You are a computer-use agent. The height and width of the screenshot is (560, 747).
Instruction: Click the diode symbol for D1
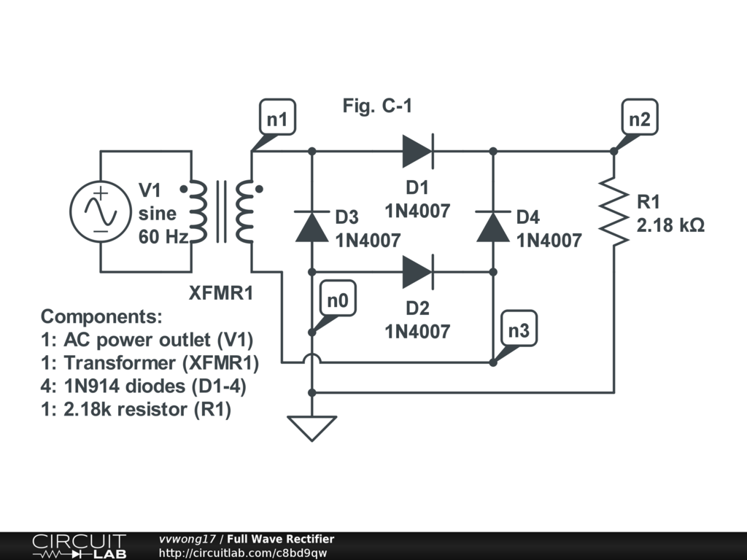(x=418, y=151)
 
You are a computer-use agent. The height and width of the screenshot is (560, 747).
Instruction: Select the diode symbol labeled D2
(x=418, y=272)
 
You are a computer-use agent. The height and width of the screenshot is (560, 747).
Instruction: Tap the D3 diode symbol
(x=311, y=226)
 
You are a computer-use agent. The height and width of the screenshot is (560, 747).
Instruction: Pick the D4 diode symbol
(x=493, y=226)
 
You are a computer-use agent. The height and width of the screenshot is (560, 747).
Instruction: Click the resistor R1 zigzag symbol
(x=614, y=211)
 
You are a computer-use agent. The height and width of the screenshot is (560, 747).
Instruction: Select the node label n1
(x=277, y=118)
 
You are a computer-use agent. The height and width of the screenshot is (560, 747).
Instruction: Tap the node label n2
(x=639, y=118)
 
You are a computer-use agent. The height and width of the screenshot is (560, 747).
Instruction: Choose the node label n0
(x=338, y=301)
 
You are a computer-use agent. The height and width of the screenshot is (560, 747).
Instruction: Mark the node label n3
(x=519, y=331)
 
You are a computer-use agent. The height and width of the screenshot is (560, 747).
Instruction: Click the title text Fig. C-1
(x=377, y=106)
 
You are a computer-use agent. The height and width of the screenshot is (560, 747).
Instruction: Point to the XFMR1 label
(x=221, y=294)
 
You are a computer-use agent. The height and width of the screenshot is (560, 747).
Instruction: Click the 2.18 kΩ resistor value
(x=670, y=226)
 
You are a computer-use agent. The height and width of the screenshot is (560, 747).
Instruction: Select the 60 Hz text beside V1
(x=164, y=236)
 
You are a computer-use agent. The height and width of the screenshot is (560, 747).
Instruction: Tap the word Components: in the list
(x=102, y=317)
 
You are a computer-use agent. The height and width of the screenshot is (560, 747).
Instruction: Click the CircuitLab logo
(x=78, y=545)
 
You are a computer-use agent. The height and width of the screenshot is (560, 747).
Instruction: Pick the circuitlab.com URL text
(x=243, y=553)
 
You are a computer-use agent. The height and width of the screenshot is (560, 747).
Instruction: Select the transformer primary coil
(x=198, y=212)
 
